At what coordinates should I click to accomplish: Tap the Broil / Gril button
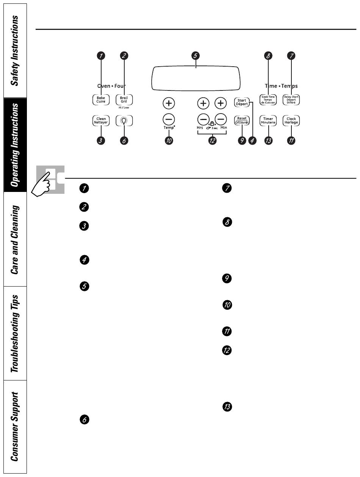pyautogui.click(x=124, y=100)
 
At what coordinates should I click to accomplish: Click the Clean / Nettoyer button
pyautogui.click(x=101, y=121)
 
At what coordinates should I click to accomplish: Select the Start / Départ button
pyautogui.click(x=241, y=102)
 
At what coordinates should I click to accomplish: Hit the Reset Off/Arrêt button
pyautogui.click(x=241, y=120)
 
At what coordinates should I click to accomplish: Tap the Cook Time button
pyautogui.click(x=268, y=100)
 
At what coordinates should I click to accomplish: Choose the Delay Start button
pyautogui.click(x=291, y=100)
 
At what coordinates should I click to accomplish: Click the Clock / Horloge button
pyautogui.click(x=291, y=121)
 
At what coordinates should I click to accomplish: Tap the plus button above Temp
pyautogui.click(x=169, y=103)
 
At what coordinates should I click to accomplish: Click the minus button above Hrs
pyautogui.click(x=203, y=120)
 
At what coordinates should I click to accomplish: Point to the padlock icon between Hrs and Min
pyautogui.click(x=212, y=123)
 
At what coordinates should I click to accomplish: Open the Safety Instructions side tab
pyautogui.click(x=14, y=50)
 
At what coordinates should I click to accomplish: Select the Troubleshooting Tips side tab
pyautogui.click(x=14, y=333)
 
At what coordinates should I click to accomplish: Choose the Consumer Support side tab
pyautogui.click(x=14, y=427)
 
